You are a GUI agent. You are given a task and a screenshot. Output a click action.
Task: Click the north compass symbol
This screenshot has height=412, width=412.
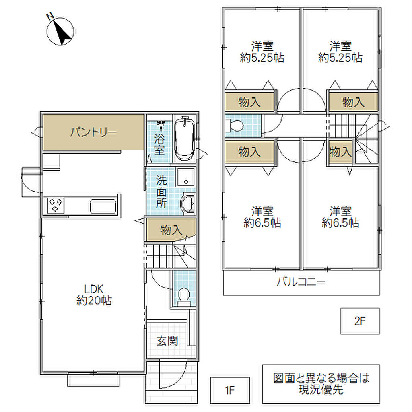coord(60,30)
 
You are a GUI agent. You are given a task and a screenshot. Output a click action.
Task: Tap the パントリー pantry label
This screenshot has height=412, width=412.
coord(93,132)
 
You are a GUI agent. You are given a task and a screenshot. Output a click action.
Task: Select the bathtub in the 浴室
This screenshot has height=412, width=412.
coord(184,138)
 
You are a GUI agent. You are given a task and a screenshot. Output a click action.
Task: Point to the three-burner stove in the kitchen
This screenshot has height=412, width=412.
coord(56,206)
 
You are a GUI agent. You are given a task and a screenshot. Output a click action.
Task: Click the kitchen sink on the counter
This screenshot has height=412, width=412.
coord(103,206)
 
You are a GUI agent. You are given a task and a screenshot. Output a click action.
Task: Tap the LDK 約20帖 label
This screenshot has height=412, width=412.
coord(94,295)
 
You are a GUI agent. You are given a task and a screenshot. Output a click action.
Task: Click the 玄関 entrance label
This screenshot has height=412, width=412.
coord(167,341)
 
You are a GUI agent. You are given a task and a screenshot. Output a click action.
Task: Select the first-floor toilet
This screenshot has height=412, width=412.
coord(183,297)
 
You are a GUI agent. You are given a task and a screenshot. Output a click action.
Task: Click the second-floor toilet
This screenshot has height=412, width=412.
coord(235,126)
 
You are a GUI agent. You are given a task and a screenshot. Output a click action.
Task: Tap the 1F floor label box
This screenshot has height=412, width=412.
coord(230,390)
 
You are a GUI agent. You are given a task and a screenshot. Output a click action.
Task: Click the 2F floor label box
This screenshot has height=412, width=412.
coord(360,321)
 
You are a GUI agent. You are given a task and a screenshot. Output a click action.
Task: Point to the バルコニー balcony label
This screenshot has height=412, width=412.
coord(301,282)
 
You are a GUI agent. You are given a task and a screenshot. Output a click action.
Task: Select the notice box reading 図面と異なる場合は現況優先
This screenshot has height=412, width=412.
coord(321,383)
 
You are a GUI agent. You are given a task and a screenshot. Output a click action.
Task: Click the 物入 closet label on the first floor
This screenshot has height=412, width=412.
coord(171,230)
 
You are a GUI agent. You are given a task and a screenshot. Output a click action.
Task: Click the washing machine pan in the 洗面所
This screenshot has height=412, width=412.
coord(186,177)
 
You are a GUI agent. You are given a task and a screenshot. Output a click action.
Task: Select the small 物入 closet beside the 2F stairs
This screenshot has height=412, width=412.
coord(340,152)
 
